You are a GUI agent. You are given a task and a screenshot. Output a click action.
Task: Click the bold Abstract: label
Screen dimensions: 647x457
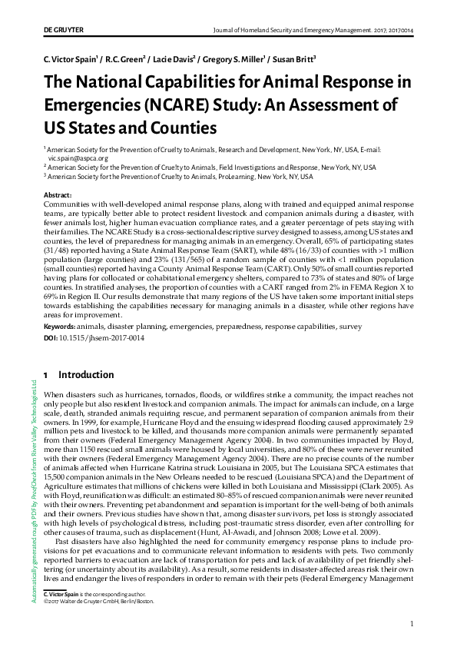(x=58, y=196)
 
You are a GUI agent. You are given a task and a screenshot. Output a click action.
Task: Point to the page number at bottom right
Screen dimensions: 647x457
(x=412, y=624)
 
